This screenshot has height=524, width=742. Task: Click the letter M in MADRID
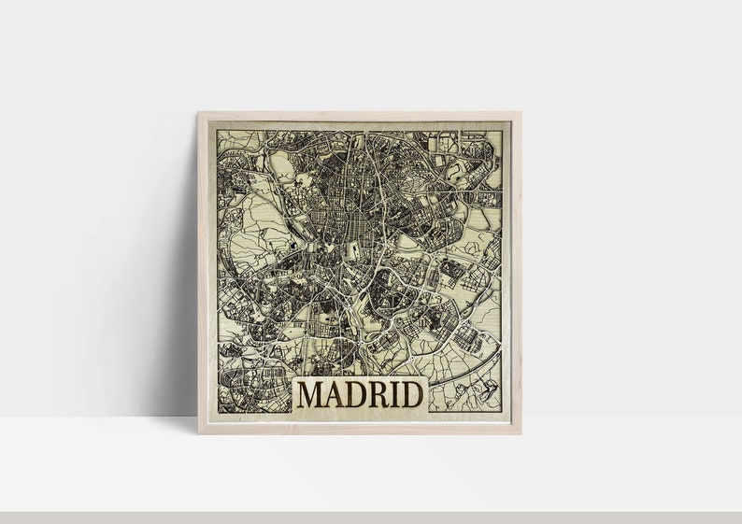tap(312, 394)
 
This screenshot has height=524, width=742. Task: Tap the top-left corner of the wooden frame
tap(200, 115)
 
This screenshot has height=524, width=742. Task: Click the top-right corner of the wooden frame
tap(520, 115)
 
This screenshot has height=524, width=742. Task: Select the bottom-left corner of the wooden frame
tap(200, 432)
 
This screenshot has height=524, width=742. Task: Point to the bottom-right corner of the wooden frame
tap(520, 432)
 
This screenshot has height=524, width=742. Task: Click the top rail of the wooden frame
tap(360, 117)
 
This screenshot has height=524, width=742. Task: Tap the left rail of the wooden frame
tap(203, 271)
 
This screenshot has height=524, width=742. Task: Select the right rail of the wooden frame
tap(517, 271)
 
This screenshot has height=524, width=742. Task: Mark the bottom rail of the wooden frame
tap(360, 430)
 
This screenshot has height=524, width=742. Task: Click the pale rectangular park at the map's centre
tap(354, 250)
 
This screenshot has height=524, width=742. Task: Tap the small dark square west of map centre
tap(293, 247)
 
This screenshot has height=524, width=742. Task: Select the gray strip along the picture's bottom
tap(371, 517)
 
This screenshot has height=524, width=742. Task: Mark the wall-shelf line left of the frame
tap(93, 417)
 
